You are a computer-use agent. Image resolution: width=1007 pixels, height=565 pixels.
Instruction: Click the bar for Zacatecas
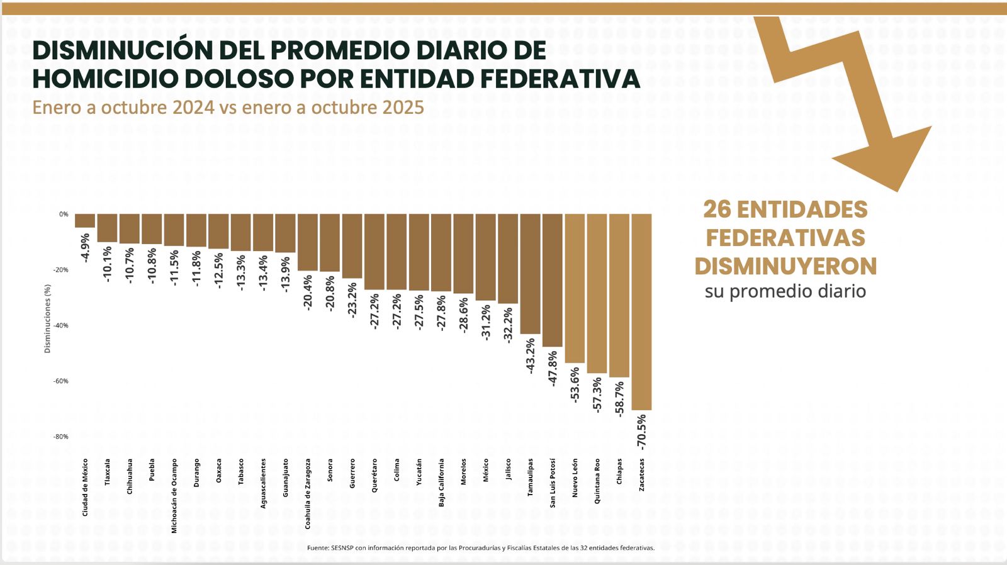[x=641, y=311]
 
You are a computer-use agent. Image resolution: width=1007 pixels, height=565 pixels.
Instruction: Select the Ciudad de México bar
[x=85, y=221]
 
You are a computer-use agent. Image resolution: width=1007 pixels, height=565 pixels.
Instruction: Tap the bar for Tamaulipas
[x=531, y=274]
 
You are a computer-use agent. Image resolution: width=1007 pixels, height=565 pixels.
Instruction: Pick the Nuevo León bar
[x=575, y=288]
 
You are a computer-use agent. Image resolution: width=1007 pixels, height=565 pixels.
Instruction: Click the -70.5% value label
[x=641, y=432]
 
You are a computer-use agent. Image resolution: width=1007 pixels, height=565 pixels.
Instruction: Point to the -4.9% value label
[x=86, y=247]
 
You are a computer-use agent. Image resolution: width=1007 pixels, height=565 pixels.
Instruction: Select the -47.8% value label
[x=553, y=368]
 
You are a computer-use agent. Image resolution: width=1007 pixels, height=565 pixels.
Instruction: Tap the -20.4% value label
[x=308, y=292]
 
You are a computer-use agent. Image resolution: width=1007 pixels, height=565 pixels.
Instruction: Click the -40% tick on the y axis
[x=61, y=326]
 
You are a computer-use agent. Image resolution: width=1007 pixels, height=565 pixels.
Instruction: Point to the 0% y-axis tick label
[x=64, y=215]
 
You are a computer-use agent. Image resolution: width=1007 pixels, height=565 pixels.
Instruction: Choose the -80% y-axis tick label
[x=61, y=437]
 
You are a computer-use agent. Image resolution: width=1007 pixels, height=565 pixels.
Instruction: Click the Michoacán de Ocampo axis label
[x=174, y=496]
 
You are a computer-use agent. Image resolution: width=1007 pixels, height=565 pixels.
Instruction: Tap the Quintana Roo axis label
[x=597, y=481]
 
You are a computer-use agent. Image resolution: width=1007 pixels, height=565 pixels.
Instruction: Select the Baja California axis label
[x=442, y=483]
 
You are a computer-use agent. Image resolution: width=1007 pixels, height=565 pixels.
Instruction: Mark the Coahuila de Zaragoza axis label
[x=308, y=493]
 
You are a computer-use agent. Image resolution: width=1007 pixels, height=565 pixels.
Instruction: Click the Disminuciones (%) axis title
[x=48, y=318]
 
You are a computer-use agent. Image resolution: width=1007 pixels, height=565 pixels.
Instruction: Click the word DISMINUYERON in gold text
[x=785, y=267]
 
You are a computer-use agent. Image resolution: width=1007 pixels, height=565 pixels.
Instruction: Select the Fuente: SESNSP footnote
[x=481, y=548]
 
